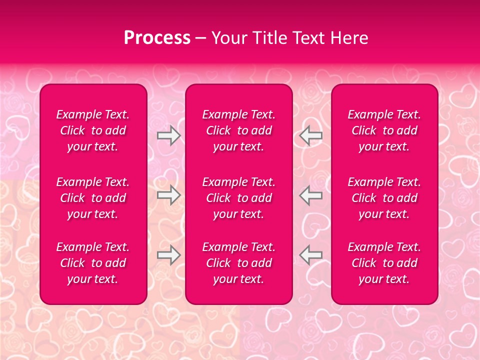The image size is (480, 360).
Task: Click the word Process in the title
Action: click(157, 38)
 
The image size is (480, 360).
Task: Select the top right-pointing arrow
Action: click(169, 135)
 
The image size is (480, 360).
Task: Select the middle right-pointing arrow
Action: click(169, 195)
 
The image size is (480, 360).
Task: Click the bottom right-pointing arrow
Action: click(169, 255)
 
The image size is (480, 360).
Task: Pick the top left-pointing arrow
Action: click(310, 135)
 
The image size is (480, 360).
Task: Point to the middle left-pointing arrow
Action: click(310, 195)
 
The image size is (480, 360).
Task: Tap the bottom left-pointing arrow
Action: click(310, 255)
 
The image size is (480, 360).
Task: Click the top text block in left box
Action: click(93, 130)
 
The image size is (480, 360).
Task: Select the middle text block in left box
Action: click(93, 198)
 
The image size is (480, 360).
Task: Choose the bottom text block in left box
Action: click(93, 263)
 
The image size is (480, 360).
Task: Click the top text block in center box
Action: click(238, 130)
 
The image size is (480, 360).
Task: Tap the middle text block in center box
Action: click(238, 198)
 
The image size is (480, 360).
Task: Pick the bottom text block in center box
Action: click(238, 263)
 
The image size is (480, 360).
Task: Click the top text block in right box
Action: click(384, 130)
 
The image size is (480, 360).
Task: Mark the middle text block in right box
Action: click(384, 198)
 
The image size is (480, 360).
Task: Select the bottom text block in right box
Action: click(384, 263)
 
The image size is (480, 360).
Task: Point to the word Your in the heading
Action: click(228, 38)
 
